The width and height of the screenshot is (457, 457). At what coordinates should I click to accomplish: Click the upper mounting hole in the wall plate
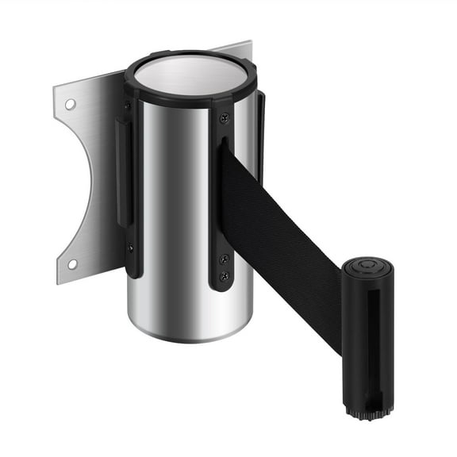(71, 104)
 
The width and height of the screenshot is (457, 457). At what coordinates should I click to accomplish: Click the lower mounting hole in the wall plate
(71, 264)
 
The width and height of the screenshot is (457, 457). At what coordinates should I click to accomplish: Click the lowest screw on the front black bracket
(224, 276)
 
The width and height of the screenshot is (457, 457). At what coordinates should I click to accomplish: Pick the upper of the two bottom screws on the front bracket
(224, 259)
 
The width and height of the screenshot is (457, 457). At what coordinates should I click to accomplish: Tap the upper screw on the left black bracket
(128, 106)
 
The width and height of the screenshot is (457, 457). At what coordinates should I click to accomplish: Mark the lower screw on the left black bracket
(129, 247)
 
